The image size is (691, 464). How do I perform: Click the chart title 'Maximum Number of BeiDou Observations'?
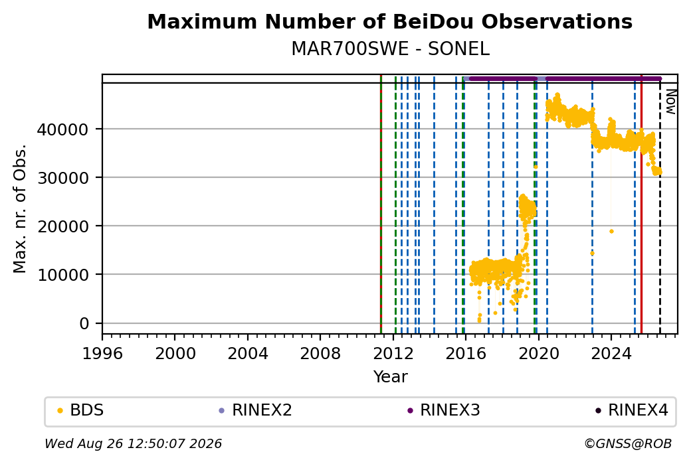tap(389, 21)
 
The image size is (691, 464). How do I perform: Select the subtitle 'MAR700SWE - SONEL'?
tap(390, 49)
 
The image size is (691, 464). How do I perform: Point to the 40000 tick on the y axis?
tap(63, 129)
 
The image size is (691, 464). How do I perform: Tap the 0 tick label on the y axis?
tap(84, 323)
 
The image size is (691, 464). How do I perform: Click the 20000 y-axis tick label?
tap(63, 226)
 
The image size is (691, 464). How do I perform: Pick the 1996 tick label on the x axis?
tap(102, 354)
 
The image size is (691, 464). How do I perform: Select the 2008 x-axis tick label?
tap(320, 354)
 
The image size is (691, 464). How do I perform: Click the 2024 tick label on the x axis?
tap(611, 354)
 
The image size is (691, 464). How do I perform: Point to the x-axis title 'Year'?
tap(390, 377)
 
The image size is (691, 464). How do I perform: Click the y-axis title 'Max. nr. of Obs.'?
tap(20, 208)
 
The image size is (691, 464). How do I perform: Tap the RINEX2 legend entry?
tap(256, 410)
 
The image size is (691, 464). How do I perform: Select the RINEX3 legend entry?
tap(444, 410)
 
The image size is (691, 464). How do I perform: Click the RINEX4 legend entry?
tap(632, 410)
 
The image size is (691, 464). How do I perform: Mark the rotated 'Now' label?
tap(670, 102)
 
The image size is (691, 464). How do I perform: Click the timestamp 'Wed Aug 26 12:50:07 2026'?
tap(133, 443)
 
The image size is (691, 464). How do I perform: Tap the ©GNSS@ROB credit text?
tap(628, 443)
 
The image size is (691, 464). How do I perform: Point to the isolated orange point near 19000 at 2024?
tap(611, 231)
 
